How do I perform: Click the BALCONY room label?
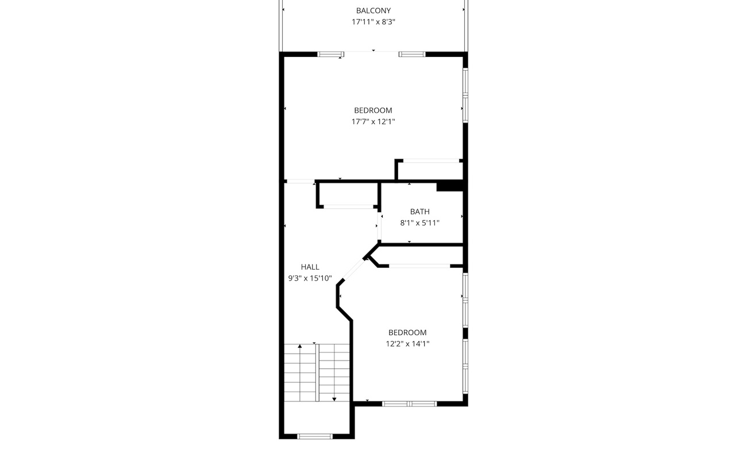pos(373,11)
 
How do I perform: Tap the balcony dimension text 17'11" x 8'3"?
pos(373,22)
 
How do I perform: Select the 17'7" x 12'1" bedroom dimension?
pos(373,121)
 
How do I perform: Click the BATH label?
pos(420,212)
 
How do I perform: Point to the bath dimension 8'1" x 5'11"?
pos(420,223)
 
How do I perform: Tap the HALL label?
pos(310,267)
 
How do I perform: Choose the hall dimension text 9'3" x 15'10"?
pos(310,278)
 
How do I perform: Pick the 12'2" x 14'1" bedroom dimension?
pos(407,344)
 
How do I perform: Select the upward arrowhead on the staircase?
pos(300,346)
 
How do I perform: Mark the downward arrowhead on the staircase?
pos(334,399)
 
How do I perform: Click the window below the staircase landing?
pos(315,436)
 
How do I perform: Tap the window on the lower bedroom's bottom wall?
pos(409,404)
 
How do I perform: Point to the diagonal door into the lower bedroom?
pos(354,270)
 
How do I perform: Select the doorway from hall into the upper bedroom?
pos(300,181)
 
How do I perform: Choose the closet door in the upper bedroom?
pos(431,161)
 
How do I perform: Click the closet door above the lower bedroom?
pos(419,266)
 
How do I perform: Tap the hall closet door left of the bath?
pos(348,207)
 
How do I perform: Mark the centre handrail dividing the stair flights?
pos(317,373)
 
